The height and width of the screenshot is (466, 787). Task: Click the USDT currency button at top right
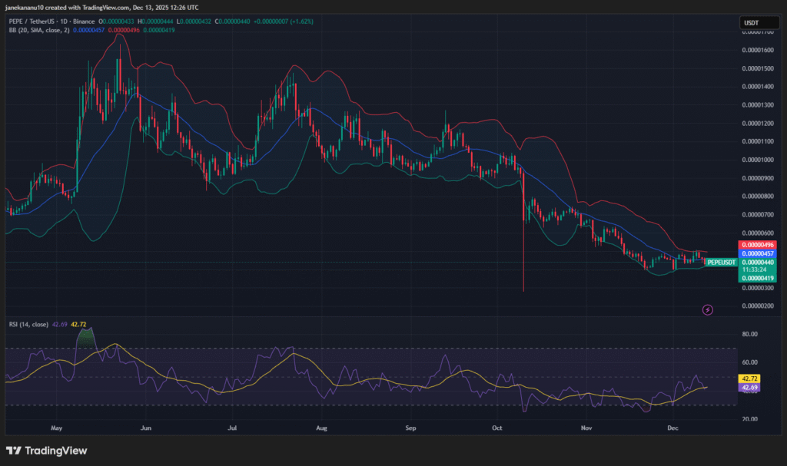(x=750, y=24)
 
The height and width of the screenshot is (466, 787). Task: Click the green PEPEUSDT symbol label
(x=720, y=263)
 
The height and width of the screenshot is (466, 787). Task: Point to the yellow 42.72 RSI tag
(x=749, y=378)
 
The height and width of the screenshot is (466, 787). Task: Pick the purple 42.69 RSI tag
(x=749, y=388)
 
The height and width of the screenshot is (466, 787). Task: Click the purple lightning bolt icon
(x=708, y=309)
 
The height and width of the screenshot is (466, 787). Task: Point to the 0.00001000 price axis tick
(x=757, y=160)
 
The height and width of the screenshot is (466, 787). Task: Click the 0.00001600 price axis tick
(x=757, y=50)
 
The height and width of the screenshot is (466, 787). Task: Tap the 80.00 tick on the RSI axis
(x=749, y=335)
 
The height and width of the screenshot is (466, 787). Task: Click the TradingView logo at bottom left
(x=47, y=451)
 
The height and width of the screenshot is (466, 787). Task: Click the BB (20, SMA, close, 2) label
(x=37, y=30)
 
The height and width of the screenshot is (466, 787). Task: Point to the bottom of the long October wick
(x=523, y=291)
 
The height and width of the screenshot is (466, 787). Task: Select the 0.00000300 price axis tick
(x=757, y=288)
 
